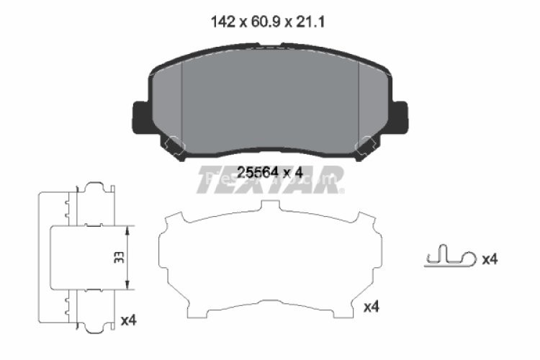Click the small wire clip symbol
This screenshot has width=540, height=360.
click(x=450, y=257)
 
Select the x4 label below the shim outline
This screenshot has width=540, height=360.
click(x=371, y=307)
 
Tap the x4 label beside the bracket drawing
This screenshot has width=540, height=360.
click(x=129, y=320)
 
